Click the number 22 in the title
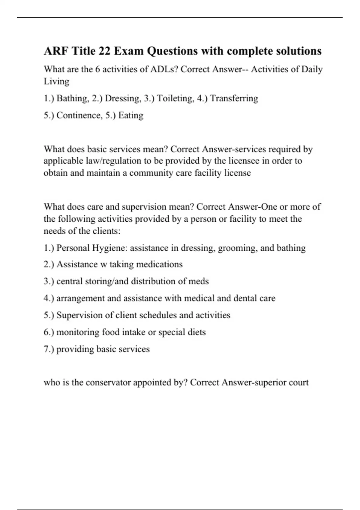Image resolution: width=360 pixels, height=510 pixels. tap(104, 51)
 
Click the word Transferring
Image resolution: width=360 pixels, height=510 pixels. tap(234, 98)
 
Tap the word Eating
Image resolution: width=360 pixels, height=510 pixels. tap(131, 115)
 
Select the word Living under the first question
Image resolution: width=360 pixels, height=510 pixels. tap(56, 82)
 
